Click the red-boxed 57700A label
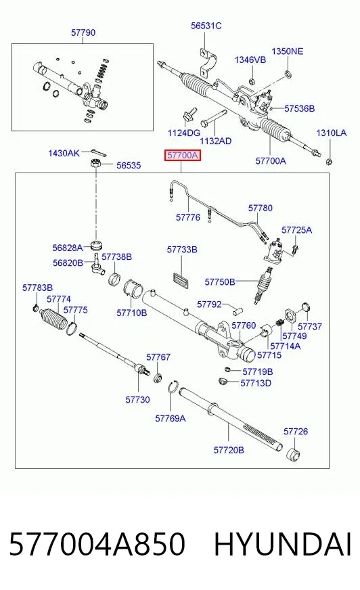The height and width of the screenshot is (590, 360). [183, 155]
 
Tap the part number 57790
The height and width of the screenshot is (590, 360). [83, 32]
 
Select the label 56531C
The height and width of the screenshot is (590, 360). [206, 26]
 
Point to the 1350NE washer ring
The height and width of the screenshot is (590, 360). [288, 73]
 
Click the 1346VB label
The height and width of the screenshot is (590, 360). [250, 60]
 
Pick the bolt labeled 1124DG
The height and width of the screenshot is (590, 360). [190, 114]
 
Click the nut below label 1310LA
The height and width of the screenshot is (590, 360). [328, 162]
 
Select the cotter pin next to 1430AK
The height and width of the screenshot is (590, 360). [99, 152]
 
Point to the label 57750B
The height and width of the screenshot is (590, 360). [220, 282]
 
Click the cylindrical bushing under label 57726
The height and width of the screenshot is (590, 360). [294, 455]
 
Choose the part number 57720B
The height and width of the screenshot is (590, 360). [229, 450]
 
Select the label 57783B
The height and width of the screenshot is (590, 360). [37, 288]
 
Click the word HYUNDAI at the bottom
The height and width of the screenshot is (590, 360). [283, 544]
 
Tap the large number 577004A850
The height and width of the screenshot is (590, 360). [97, 544]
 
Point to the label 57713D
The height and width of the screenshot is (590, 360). [256, 383]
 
